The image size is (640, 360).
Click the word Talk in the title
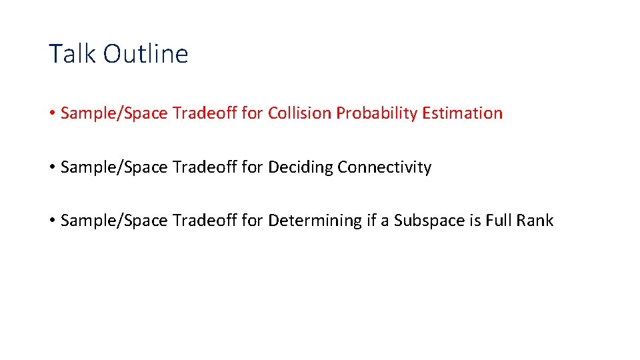69,54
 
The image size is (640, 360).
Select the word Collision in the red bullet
299,113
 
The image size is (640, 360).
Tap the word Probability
377,114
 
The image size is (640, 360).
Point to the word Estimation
462,113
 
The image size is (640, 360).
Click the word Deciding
301,167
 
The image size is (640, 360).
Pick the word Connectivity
385,167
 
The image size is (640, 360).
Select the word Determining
315,221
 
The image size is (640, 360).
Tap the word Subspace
425,221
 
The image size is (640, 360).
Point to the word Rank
534,221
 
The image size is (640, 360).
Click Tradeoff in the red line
205,113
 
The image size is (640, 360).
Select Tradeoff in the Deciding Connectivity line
205,167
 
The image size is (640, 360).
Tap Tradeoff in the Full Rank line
205,221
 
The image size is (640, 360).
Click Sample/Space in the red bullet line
114,114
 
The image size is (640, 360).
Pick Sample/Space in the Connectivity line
114,167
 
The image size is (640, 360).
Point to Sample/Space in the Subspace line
114,221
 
